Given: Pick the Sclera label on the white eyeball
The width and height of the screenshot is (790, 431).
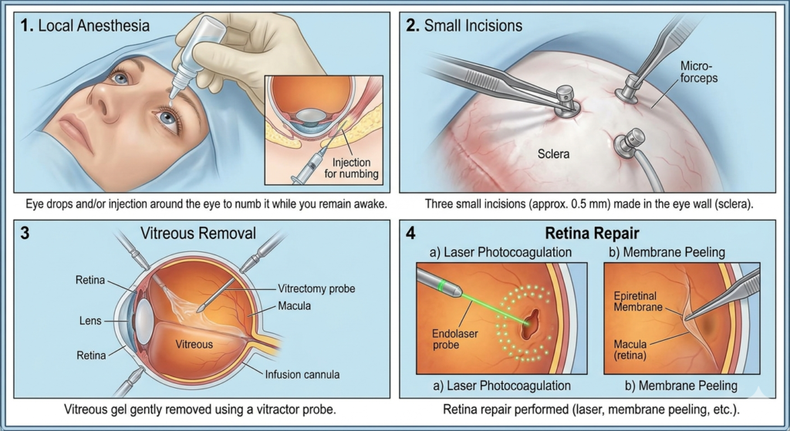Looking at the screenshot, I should (x=553, y=154).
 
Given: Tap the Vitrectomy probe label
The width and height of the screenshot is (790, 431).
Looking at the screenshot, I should (x=316, y=288).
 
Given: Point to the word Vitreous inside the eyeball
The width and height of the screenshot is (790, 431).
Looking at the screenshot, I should (x=194, y=344).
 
